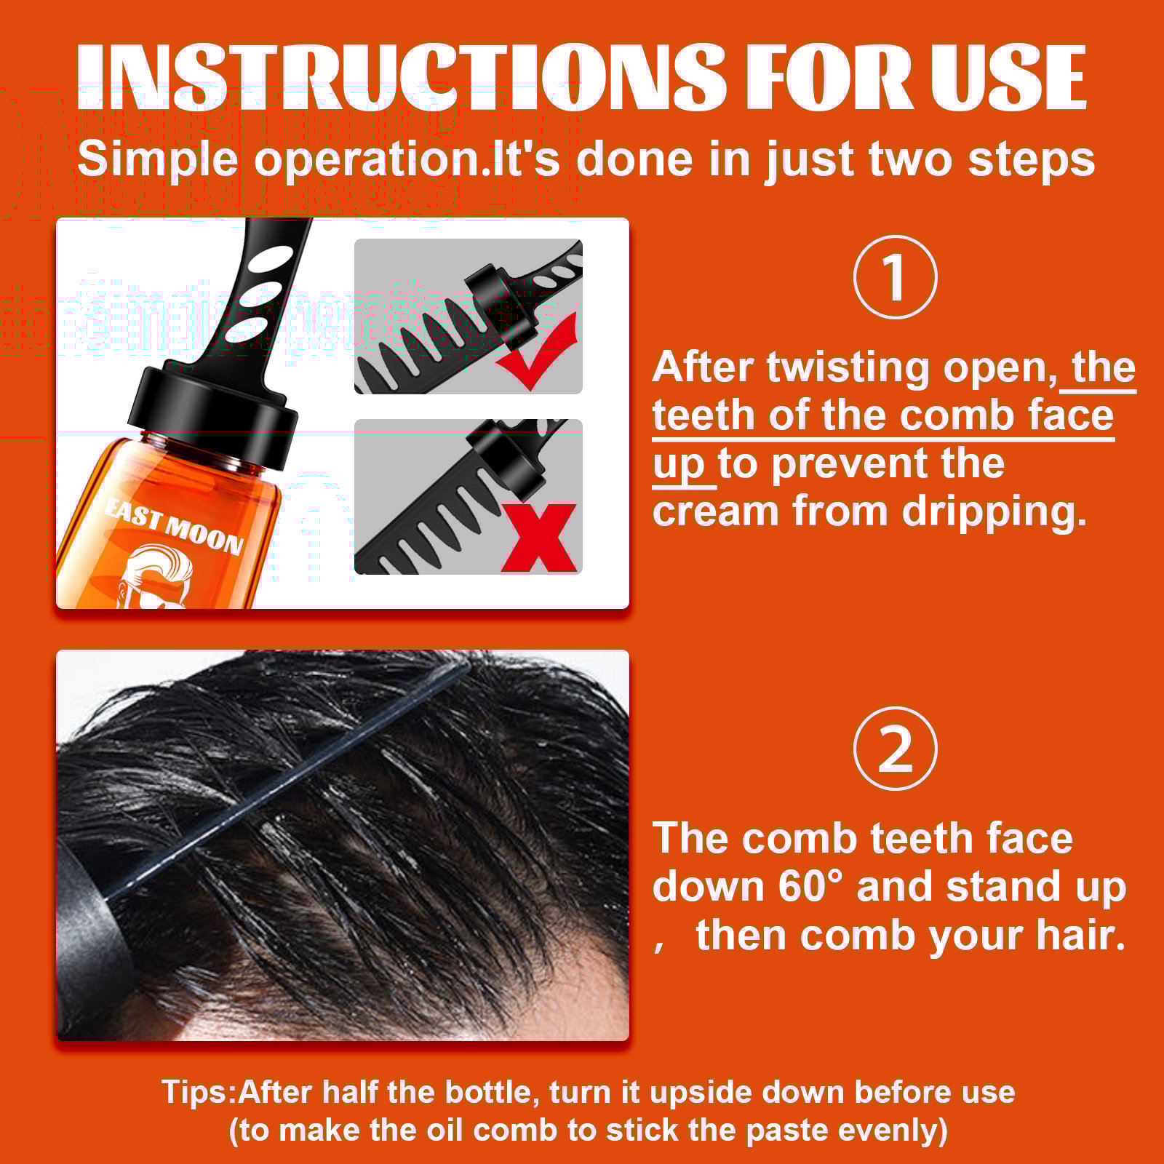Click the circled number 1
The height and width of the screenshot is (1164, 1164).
[x=895, y=277]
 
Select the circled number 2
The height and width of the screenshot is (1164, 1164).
[x=895, y=749]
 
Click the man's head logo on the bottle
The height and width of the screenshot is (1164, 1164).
[x=156, y=578]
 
